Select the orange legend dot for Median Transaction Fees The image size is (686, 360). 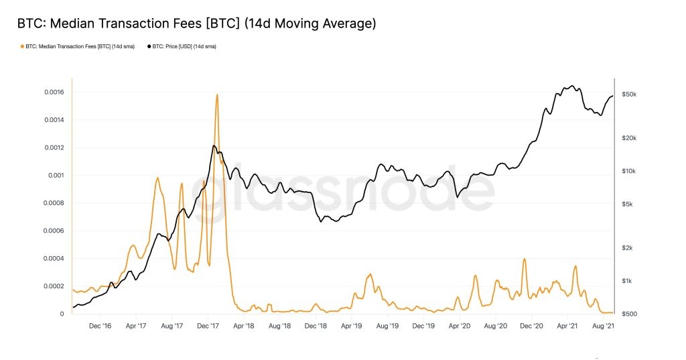click(x=22, y=46)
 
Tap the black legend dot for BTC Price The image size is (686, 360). click(x=149, y=46)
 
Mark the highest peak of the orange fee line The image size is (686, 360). click(x=217, y=95)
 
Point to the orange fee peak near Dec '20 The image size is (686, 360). click(x=525, y=259)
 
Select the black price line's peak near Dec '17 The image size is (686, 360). click(x=214, y=145)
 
